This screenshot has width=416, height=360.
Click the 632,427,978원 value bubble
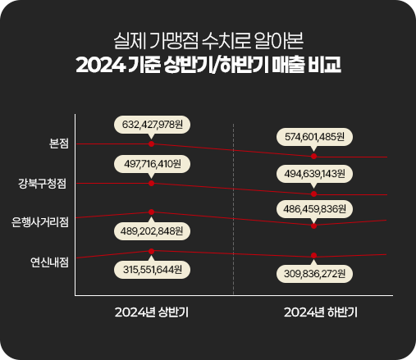152,125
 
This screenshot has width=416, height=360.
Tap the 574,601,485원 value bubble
314,137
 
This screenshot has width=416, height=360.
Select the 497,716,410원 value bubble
152,164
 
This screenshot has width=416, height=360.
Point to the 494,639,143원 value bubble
314,174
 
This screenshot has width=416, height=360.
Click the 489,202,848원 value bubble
152,231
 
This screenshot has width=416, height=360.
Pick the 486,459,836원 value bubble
314,209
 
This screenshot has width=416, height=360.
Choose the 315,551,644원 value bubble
152,270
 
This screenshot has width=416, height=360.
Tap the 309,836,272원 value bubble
314,274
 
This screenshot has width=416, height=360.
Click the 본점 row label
59,144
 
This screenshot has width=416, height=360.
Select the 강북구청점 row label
42,183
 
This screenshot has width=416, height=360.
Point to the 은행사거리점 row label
40,222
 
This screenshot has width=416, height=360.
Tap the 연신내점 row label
49,262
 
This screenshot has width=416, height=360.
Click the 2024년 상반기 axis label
152,312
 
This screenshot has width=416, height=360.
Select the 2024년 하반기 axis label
321,312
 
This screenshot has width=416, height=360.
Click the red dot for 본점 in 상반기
151,144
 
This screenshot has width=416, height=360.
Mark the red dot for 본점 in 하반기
314,157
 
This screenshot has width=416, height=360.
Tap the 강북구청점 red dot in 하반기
314,194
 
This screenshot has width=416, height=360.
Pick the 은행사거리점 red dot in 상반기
151,212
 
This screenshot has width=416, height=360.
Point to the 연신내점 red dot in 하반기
314,256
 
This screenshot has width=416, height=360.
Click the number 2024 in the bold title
100,65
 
